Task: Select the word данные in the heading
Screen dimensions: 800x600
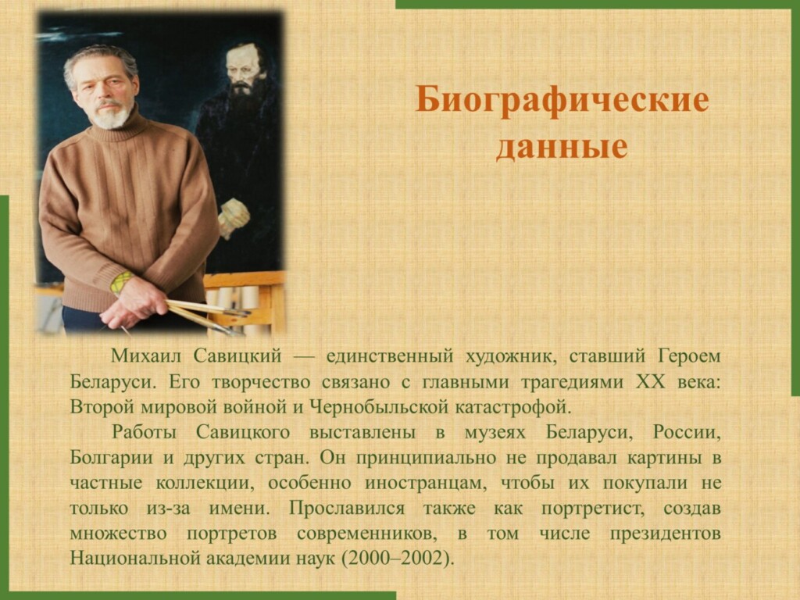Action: coord(562,147)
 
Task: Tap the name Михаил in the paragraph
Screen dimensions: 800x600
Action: coord(145,356)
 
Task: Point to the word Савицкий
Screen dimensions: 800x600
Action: coord(237,356)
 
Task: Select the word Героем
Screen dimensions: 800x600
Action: coord(689,356)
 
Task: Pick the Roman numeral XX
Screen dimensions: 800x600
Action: coord(651,382)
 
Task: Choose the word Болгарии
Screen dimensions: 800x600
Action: coord(111,457)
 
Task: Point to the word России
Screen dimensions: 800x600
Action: coord(687,433)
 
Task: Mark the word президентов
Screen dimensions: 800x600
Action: coord(665,534)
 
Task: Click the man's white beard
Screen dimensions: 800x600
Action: coord(109,116)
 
